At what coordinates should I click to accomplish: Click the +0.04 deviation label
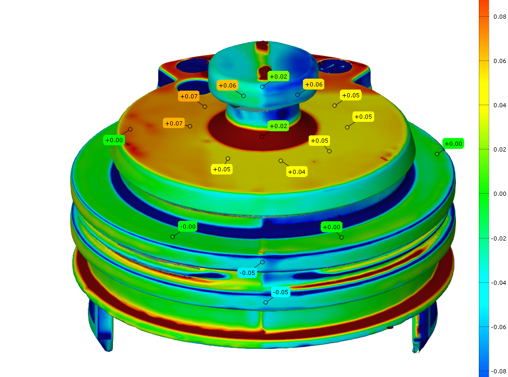coord(297,172)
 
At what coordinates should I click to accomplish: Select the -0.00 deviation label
coord(187,227)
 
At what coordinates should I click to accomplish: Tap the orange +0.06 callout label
coord(227,85)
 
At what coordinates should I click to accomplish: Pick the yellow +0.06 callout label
coord(314,84)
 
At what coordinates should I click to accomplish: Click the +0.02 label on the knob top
coord(278,77)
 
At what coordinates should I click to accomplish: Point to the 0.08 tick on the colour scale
coord(500,17)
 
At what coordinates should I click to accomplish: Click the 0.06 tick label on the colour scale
coord(500,61)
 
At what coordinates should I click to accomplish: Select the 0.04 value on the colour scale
coord(500,105)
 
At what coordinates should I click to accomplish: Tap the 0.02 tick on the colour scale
coord(500,149)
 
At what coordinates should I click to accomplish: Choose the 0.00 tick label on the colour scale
coord(500,194)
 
